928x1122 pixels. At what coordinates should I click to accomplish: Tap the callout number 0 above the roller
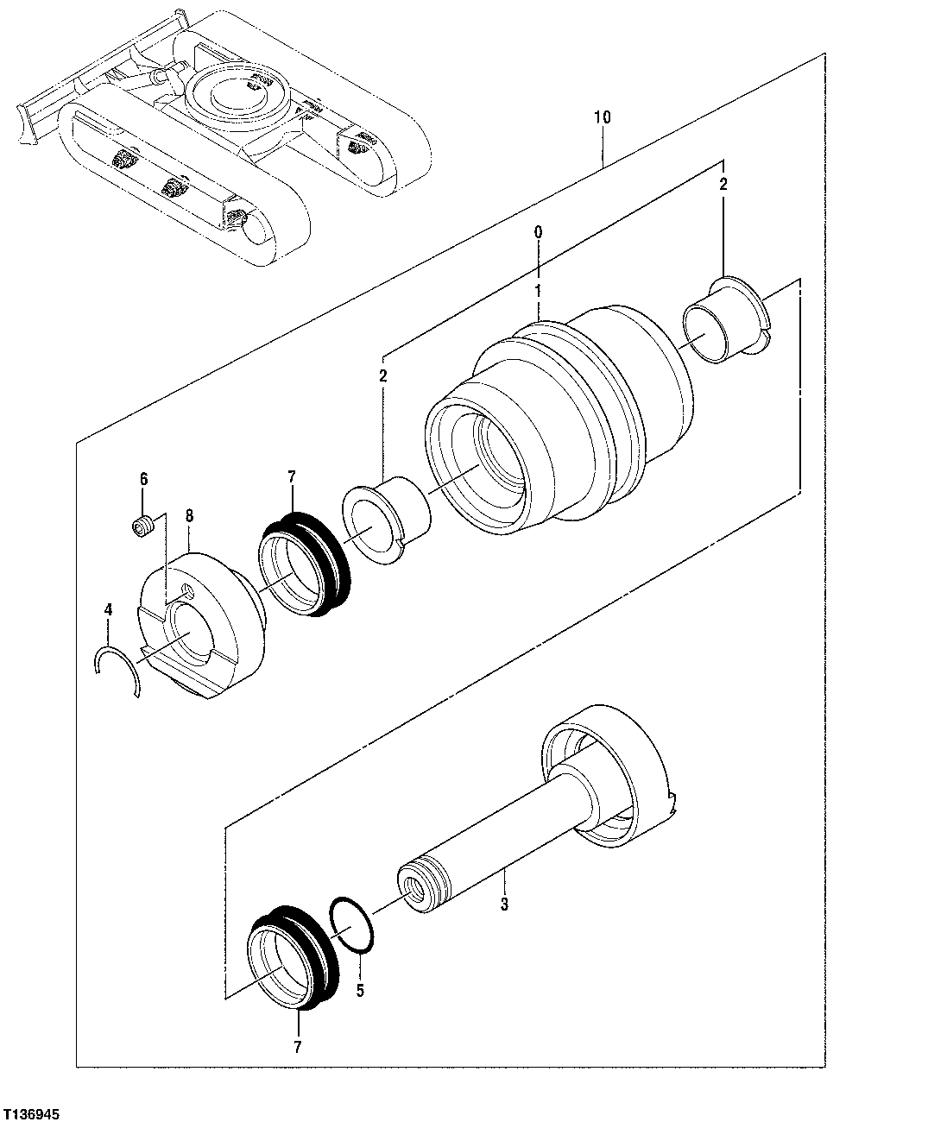(x=538, y=233)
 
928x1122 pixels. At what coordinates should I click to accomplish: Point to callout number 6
(x=143, y=479)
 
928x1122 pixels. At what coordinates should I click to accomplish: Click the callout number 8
(x=189, y=516)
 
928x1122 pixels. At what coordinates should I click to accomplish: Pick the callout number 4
(x=108, y=609)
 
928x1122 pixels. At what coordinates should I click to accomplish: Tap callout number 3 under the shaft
(x=505, y=905)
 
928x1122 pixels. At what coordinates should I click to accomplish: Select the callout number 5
(x=360, y=990)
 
